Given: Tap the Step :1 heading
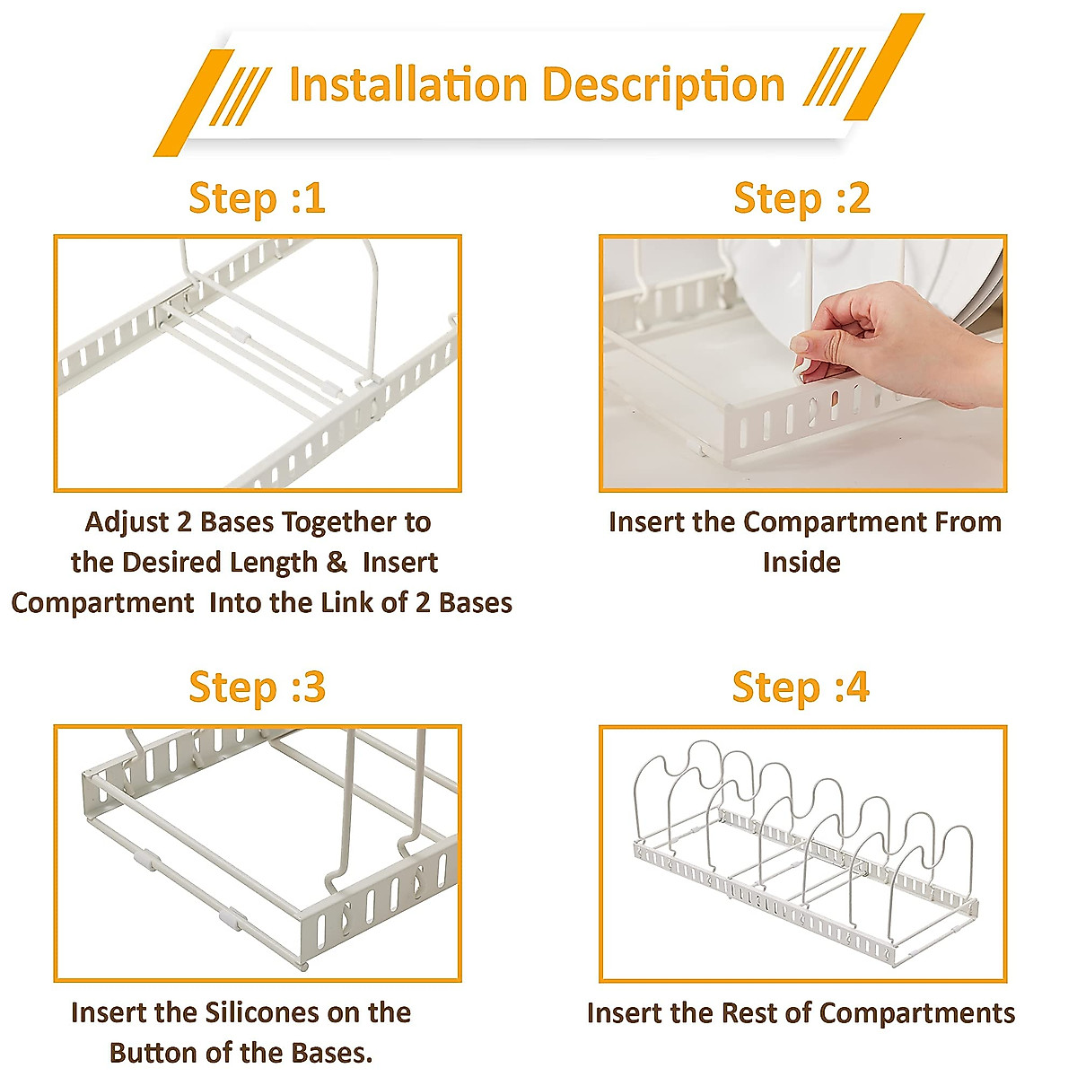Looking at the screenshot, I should [x=257, y=198].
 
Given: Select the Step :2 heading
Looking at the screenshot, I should [x=801, y=198].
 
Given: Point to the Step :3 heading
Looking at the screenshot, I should [x=257, y=687].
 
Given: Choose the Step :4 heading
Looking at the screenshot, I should [x=801, y=687].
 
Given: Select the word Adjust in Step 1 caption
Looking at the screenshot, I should [x=127, y=522].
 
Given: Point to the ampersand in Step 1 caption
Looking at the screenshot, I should [x=337, y=563].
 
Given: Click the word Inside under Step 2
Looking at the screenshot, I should [x=801, y=563].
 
